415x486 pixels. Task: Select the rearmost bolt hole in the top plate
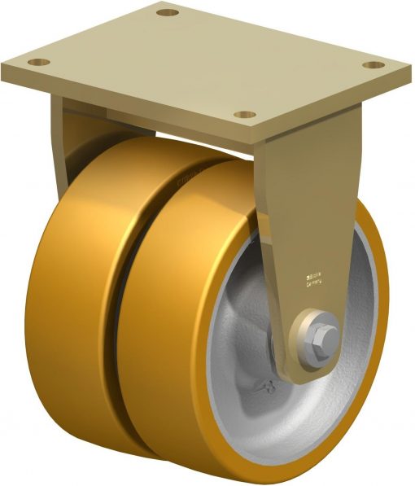(x=167, y=13)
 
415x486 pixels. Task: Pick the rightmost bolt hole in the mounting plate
(x=373, y=64)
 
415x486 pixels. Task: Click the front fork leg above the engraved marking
(x=313, y=204)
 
